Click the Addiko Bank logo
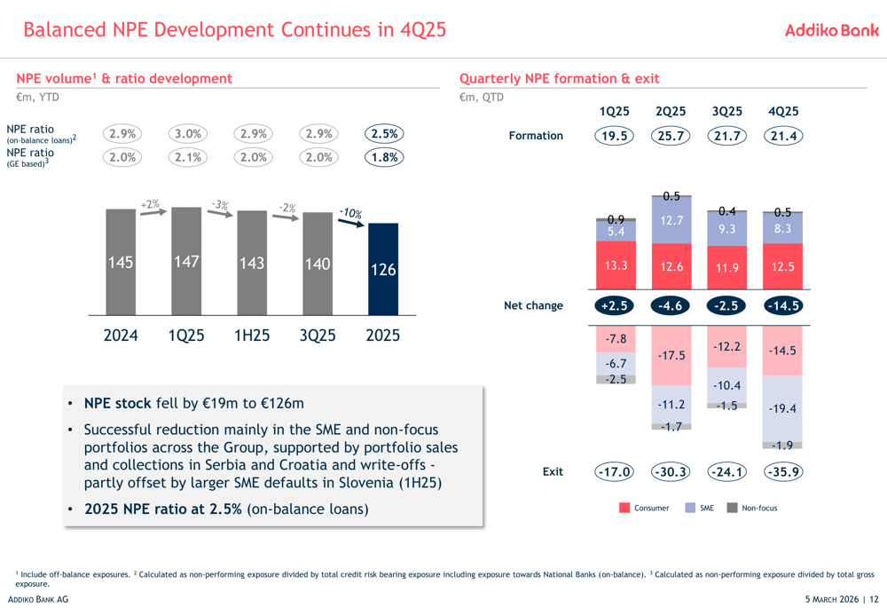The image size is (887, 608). coord(832,30)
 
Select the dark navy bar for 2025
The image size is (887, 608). coord(383,269)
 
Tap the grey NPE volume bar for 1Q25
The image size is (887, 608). coord(186,261)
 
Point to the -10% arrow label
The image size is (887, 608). coord(350,213)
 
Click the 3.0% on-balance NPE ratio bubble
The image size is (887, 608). coord(188,134)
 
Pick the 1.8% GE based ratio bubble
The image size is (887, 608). coord(384,157)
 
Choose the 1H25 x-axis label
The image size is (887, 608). coord(252,336)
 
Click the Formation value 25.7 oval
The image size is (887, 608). coord(671,136)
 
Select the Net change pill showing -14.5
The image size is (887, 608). coord(783,305)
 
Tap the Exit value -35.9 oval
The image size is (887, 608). coord(783,471)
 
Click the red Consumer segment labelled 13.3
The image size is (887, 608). coord(616,265)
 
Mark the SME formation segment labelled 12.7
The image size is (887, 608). coord(671,220)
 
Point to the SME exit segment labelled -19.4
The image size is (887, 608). coord(782,408)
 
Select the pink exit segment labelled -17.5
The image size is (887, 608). coord(671,356)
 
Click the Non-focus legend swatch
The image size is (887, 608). coord(732,508)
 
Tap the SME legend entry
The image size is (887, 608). coord(700,508)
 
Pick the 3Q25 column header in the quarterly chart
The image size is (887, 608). coord(727,112)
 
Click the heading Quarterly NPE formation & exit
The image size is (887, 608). coord(559,79)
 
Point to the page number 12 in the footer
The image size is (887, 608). coord(874,599)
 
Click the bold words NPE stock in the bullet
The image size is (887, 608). coord(118,403)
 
